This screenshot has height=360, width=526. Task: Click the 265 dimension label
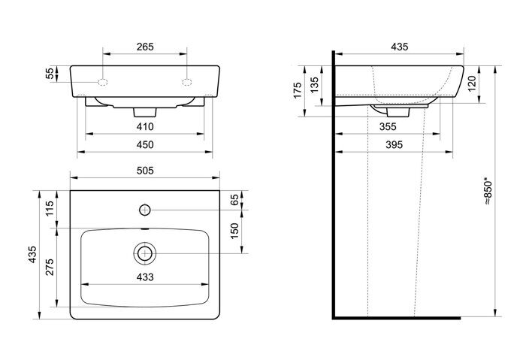tap(145, 47)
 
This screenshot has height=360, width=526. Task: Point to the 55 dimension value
tap(50, 74)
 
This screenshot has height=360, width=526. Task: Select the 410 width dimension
tap(145, 126)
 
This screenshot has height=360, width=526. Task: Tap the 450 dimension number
tap(145, 144)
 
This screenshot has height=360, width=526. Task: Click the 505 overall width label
tap(145, 171)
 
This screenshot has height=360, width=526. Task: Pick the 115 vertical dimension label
tap(50, 208)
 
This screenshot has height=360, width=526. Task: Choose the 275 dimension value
tap(50, 267)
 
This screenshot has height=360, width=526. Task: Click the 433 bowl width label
tap(145, 277)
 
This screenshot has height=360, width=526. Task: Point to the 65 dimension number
tap(234, 199)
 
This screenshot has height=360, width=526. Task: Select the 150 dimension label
tap(234, 231)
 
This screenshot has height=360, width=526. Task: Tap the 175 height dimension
tap(298, 91)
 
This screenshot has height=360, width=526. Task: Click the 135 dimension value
tap(313, 85)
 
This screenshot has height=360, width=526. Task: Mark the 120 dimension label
tap(472, 83)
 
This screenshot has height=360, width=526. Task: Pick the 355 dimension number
tap(388, 126)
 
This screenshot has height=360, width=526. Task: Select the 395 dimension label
tap(394, 144)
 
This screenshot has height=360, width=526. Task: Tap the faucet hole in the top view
tap(144, 210)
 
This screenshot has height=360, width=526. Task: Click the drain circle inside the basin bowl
tap(144, 253)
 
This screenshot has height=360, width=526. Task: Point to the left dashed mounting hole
tap(103, 82)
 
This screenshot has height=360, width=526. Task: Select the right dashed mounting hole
tap(187, 82)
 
